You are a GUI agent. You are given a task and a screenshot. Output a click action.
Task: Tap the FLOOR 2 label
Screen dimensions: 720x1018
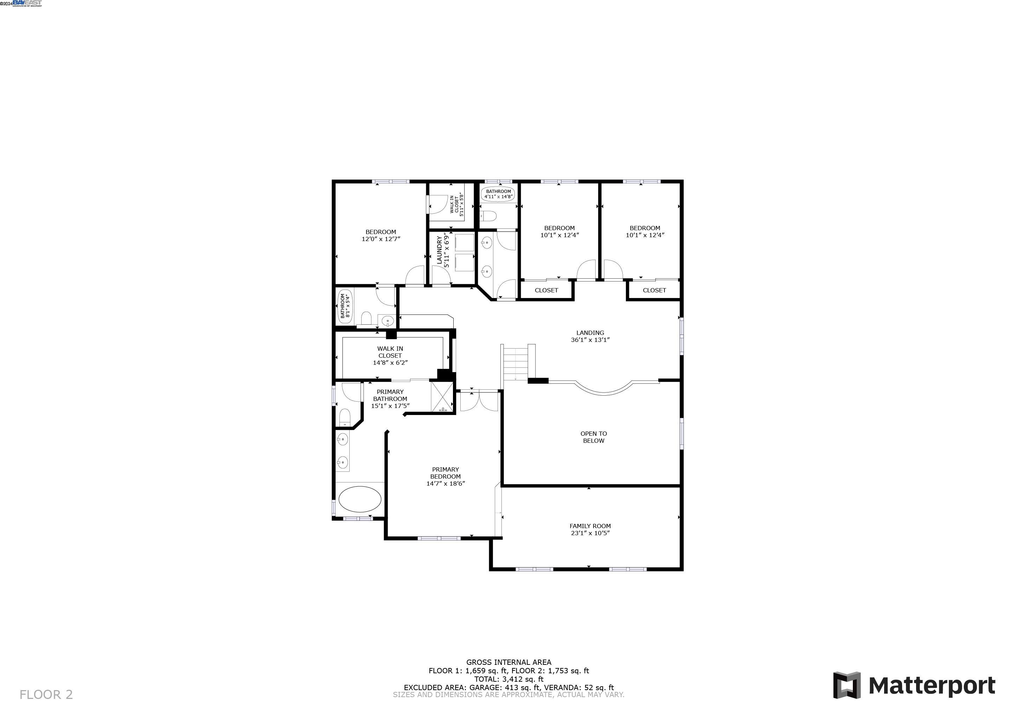46,694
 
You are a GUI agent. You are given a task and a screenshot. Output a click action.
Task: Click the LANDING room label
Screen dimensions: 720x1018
590,333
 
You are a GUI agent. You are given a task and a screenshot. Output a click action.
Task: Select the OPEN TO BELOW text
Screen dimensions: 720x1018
593,437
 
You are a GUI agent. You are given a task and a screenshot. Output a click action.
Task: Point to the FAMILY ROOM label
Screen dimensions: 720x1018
590,526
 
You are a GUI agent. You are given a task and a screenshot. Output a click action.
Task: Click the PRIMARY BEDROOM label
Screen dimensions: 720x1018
445,473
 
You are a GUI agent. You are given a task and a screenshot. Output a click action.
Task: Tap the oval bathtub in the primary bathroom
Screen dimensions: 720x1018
359,499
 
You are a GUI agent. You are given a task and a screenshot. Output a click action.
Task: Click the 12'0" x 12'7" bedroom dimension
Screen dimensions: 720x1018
381,239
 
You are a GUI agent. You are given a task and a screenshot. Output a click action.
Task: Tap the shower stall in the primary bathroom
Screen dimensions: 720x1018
442,397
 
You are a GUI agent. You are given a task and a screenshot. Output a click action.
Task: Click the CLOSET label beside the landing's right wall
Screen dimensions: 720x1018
654,290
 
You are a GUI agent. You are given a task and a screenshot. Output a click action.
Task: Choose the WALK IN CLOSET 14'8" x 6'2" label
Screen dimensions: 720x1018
390,356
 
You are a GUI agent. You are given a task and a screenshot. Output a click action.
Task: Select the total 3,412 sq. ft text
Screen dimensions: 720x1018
508,679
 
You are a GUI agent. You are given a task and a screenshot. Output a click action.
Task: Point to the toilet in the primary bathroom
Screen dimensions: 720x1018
344,417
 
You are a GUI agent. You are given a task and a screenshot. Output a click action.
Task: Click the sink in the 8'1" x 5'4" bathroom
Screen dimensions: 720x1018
387,320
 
